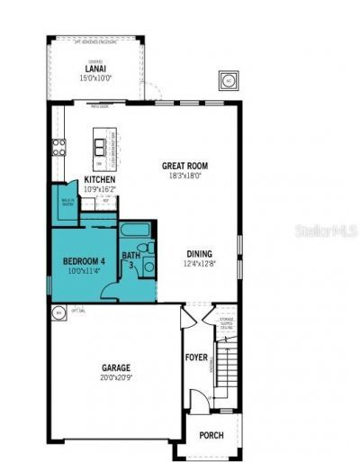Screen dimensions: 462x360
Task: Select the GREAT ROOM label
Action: [184, 167]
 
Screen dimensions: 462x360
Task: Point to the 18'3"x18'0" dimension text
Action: [184, 177]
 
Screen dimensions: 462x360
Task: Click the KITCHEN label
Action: [99, 180]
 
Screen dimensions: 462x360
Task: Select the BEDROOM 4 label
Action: [84, 262]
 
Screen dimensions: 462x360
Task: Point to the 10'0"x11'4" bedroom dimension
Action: [84, 272]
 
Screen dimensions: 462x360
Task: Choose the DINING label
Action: [200, 253]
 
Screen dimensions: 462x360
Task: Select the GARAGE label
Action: [115, 367]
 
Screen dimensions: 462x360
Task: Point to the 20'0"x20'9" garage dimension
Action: [115, 377]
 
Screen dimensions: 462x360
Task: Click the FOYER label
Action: [195, 358]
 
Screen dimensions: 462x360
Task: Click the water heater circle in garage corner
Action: [59, 313]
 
